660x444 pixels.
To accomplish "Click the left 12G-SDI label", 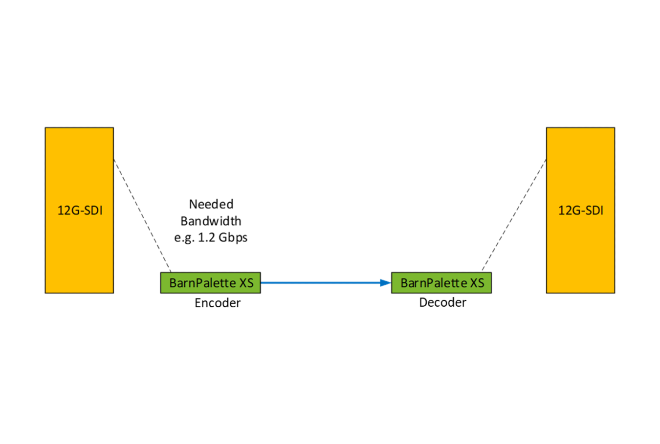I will [80, 211].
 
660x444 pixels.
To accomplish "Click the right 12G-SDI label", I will [581, 211].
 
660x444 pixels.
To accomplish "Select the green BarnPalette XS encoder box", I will [210, 283].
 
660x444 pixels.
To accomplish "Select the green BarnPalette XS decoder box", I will [441, 283].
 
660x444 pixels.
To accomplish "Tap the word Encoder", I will [218, 303].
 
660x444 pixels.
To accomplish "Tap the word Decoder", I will [442, 303].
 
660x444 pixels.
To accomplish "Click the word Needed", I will [211, 204].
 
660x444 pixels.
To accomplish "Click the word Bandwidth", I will [211, 221].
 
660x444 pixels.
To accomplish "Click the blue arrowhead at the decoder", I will [386, 283].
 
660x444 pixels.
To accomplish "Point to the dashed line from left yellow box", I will [142, 215].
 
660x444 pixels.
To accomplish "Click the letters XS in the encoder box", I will [246, 283].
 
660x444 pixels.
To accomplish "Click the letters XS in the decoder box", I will [477, 283].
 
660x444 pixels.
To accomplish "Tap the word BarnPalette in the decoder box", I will [434, 283].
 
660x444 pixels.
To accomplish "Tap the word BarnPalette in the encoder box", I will [202, 283].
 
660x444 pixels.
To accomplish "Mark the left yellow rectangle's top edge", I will [79, 128].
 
